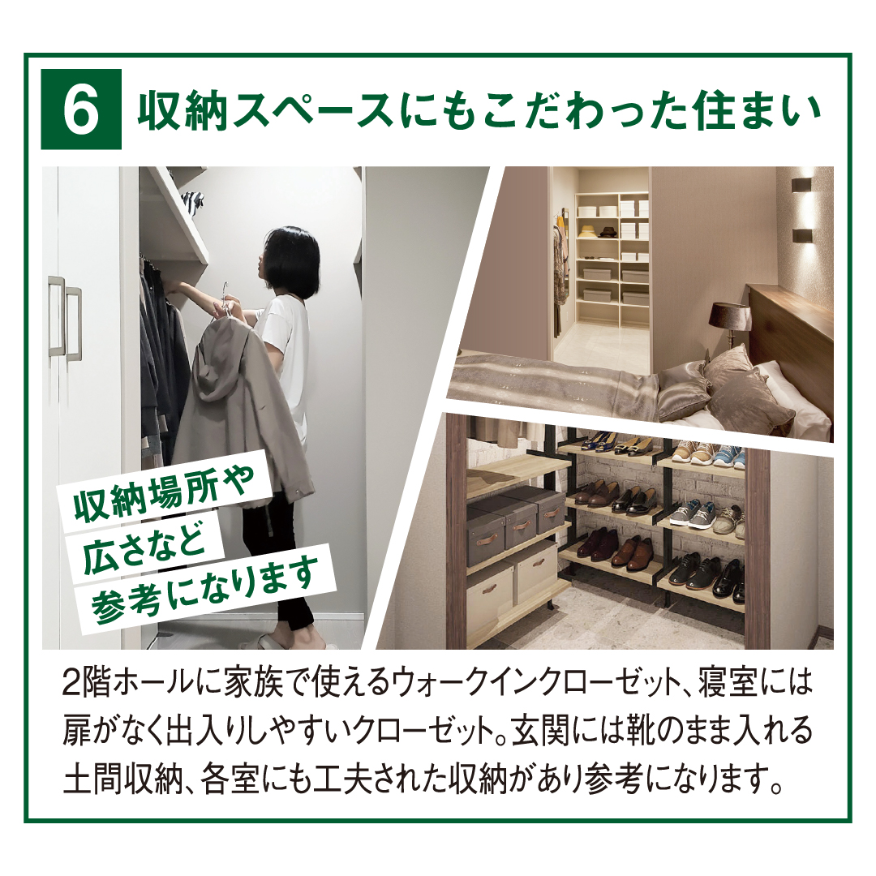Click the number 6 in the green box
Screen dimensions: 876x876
(x=81, y=109)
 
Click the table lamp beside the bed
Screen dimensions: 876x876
(x=729, y=326)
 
